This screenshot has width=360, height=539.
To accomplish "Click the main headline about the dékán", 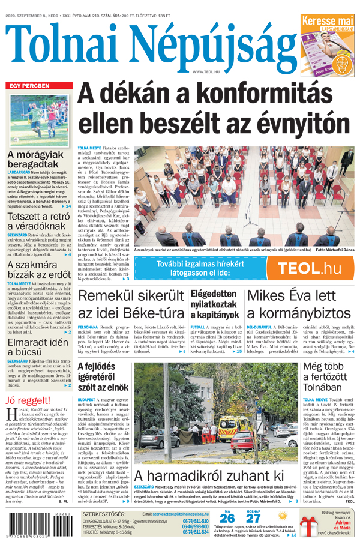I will [214, 109].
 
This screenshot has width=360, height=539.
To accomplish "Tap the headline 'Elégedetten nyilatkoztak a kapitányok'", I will [215, 304].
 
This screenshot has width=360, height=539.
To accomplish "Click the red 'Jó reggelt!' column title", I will [28, 400].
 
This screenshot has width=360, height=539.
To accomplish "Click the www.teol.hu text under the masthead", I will [205, 71].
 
